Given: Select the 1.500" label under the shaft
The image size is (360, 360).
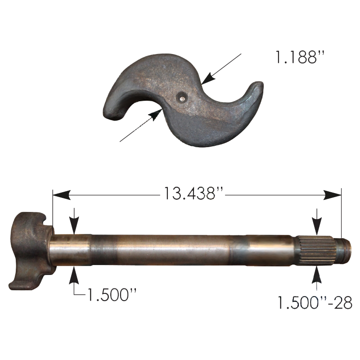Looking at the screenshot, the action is pos(112,295).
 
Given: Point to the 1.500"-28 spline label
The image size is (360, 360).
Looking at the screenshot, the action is pos(315,302).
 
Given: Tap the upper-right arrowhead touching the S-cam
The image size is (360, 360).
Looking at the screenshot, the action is pos(208,78).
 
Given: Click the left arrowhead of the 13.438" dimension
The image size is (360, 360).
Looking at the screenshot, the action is pos(62,195).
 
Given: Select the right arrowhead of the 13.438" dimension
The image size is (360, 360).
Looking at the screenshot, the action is pos(332,195).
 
